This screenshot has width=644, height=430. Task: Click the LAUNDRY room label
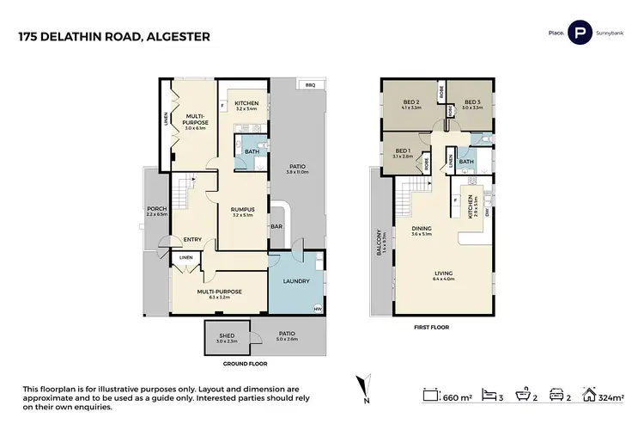click(295, 280)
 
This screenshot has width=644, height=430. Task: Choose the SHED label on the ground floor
click(227, 336)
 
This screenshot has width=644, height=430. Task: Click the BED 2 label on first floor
click(410, 101)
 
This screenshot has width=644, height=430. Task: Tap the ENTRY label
click(191, 240)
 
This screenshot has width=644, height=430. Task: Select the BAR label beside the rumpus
click(276, 229)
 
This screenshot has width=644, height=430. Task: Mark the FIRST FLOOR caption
click(432, 328)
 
